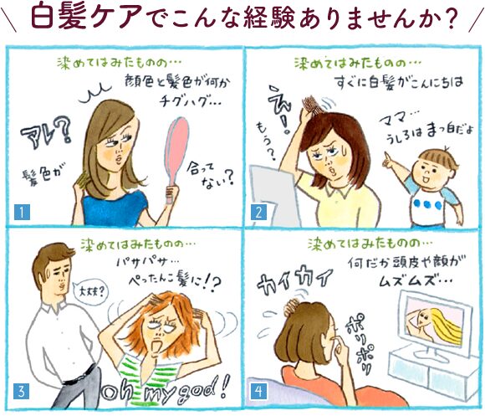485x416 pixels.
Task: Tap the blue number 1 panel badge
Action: point(22,213)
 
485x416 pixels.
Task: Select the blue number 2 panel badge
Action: point(258,213)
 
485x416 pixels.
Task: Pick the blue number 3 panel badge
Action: point(22,391)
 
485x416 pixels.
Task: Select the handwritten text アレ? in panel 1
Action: point(46,133)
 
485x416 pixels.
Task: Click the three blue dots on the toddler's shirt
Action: point(427,204)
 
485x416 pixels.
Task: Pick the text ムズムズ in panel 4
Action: point(406,281)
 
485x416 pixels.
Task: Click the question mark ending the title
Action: point(447,18)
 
